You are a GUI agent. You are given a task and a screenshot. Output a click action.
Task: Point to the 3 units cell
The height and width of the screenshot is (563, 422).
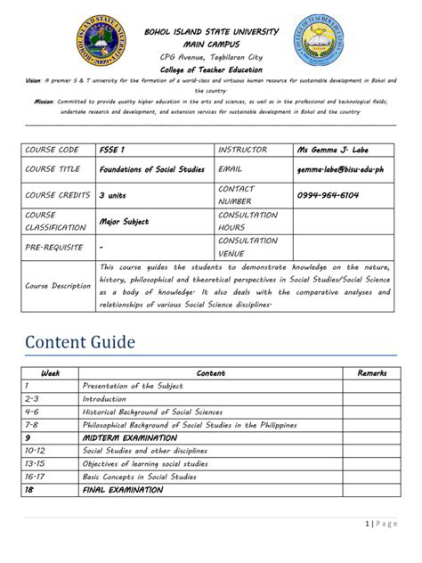pyautogui.click(x=113, y=195)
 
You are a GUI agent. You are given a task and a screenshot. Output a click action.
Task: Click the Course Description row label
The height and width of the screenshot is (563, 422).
pyautogui.click(x=58, y=286)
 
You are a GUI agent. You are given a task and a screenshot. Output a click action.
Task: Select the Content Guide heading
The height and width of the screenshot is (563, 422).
pyautogui.click(x=85, y=340)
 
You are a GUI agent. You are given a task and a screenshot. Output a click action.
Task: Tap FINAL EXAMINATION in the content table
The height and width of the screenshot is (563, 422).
pyautogui.click(x=123, y=489)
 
